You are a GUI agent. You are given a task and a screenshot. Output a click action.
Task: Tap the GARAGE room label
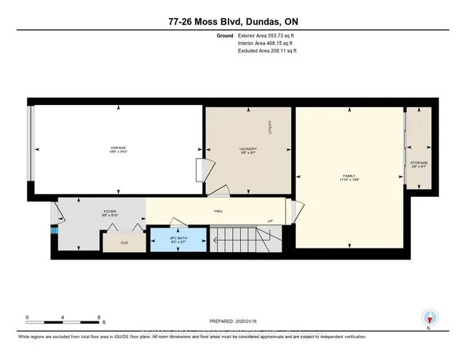(119, 149)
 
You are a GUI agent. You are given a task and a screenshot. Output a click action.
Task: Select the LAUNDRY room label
(248, 149)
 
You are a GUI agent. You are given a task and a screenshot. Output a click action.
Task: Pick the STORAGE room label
(419, 164)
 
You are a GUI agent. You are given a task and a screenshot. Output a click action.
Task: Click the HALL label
(218, 212)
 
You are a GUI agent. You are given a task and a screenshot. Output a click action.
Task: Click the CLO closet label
(125, 241)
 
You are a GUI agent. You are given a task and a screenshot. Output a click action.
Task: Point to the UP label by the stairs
(270, 222)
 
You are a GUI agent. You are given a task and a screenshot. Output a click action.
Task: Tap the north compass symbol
(430, 318)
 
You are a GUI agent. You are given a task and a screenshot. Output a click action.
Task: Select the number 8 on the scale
(98, 318)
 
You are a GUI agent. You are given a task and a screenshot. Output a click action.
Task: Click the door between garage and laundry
(200, 169)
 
